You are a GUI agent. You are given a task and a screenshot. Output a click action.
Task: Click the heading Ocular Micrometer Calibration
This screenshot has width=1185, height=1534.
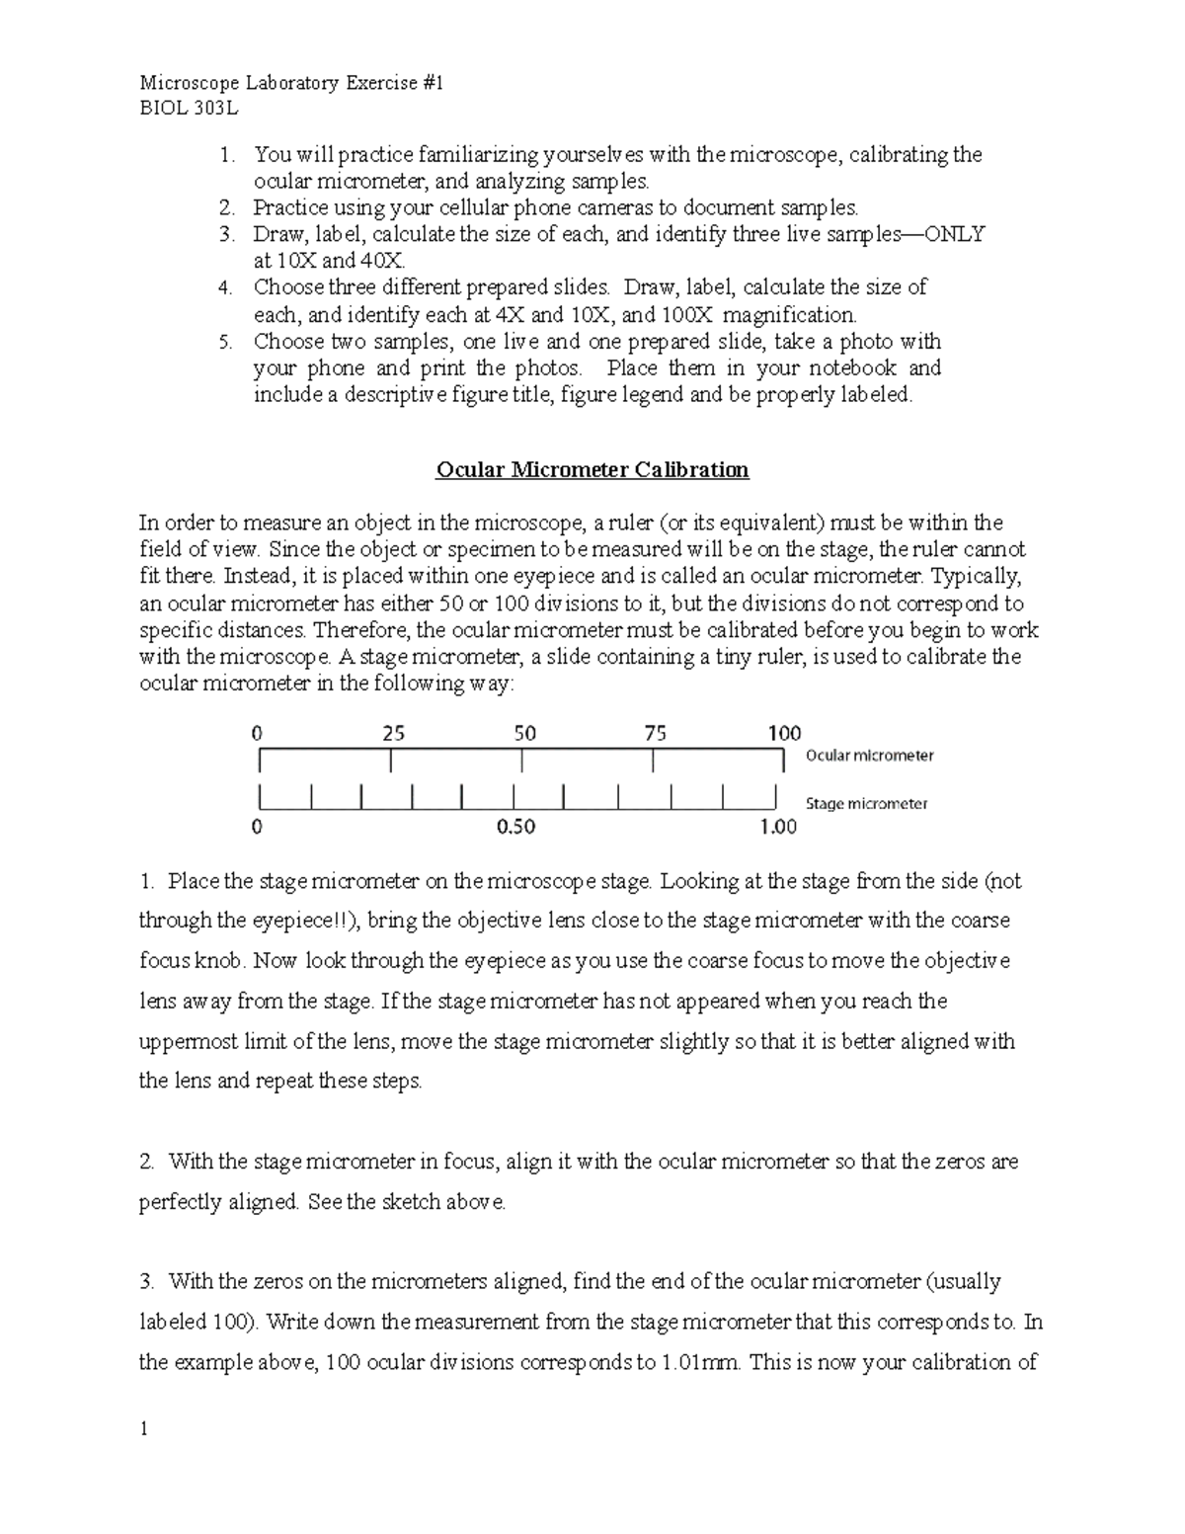pos(592,469)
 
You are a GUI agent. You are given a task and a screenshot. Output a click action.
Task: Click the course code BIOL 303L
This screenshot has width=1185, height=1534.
pos(188,109)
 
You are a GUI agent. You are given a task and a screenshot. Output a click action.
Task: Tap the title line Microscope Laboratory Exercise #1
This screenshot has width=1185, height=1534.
pos(291,83)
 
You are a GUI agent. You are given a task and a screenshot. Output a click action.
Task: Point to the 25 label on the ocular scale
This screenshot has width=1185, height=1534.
pos(393,734)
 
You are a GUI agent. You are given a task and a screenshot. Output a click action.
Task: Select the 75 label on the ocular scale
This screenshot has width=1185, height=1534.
pos(655,734)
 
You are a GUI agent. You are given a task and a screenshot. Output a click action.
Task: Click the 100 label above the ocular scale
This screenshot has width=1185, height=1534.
pos(784,734)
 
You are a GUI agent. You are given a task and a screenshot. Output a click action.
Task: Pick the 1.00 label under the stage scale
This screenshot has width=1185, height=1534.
pos(777,827)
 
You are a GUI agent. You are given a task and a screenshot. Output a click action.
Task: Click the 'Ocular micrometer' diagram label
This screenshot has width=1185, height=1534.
pos(869,756)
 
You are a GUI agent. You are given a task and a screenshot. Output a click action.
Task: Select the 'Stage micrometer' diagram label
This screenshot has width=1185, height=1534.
pos(866,804)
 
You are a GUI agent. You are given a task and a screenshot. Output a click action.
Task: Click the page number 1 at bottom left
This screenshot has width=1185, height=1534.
pos(144,1429)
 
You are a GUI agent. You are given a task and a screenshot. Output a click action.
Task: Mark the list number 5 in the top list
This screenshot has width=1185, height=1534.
pos(226,342)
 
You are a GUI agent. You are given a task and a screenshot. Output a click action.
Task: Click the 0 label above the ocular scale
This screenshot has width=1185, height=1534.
pos(258,734)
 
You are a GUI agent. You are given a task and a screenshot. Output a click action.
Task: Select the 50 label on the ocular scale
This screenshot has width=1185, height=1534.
pos(524,734)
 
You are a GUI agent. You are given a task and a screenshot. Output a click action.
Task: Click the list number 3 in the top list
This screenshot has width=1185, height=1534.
pos(226,235)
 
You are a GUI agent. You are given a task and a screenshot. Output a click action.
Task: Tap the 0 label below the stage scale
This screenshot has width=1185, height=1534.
pos(258,827)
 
